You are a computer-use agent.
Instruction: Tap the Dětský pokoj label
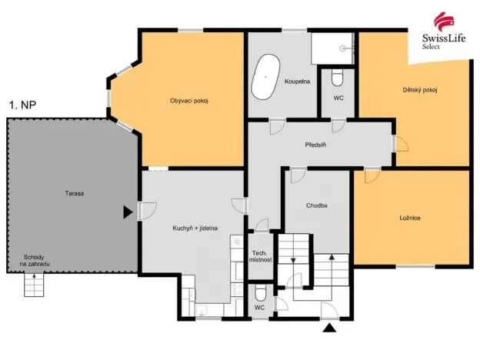[420, 90]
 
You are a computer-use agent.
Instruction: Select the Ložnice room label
[410, 218]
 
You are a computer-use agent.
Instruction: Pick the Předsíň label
[316, 144]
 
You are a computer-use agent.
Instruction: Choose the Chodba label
[317, 205]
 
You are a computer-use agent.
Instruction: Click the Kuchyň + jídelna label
[195, 228]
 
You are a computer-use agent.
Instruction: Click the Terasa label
[75, 193]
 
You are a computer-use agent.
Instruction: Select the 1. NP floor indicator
[22, 102]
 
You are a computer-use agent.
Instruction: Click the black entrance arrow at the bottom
[330, 328]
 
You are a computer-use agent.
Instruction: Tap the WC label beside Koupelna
[338, 98]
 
